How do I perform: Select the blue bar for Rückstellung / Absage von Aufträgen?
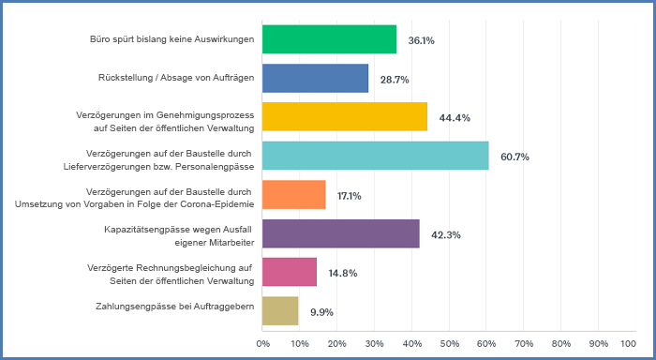[x=315, y=79]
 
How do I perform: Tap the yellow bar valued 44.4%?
[x=344, y=117]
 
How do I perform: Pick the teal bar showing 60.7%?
[x=375, y=156]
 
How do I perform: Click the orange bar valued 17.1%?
[x=293, y=195]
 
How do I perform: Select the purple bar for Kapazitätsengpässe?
[x=340, y=234]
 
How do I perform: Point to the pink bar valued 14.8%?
[x=290, y=273]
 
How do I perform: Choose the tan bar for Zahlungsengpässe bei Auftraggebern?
[x=280, y=311]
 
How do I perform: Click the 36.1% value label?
[x=419, y=40]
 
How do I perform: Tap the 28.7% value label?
[x=395, y=80]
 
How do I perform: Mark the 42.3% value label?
[x=446, y=235]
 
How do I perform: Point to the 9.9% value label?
[x=322, y=312]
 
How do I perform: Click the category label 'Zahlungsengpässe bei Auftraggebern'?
[x=175, y=306]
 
